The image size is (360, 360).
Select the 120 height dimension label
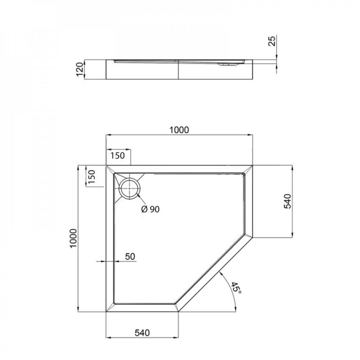(x=80, y=69)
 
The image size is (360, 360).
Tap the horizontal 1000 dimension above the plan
(x=179, y=130)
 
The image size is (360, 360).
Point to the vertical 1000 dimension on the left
(x=73, y=238)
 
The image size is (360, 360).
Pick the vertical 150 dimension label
(x=91, y=177)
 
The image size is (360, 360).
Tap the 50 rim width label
(x=130, y=256)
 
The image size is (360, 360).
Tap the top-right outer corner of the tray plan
(x=253, y=166)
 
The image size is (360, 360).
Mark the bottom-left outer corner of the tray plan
(x=106, y=312)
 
